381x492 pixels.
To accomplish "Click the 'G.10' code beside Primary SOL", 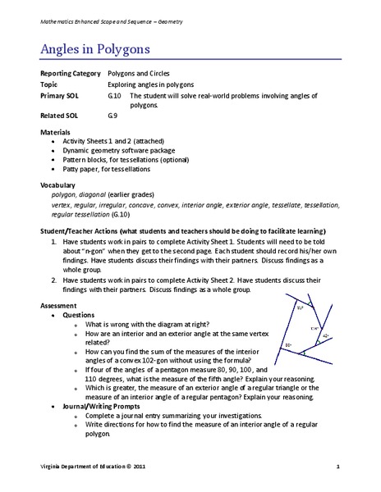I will pyautogui.click(x=114, y=96).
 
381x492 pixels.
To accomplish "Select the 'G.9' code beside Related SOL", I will pyautogui.click(x=112, y=116).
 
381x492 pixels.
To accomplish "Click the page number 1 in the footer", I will pyautogui.click(x=337, y=467).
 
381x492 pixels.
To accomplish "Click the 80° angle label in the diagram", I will pyautogui.click(x=288, y=345).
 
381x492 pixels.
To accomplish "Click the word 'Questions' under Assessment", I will pyautogui.click(x=79, y=315).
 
